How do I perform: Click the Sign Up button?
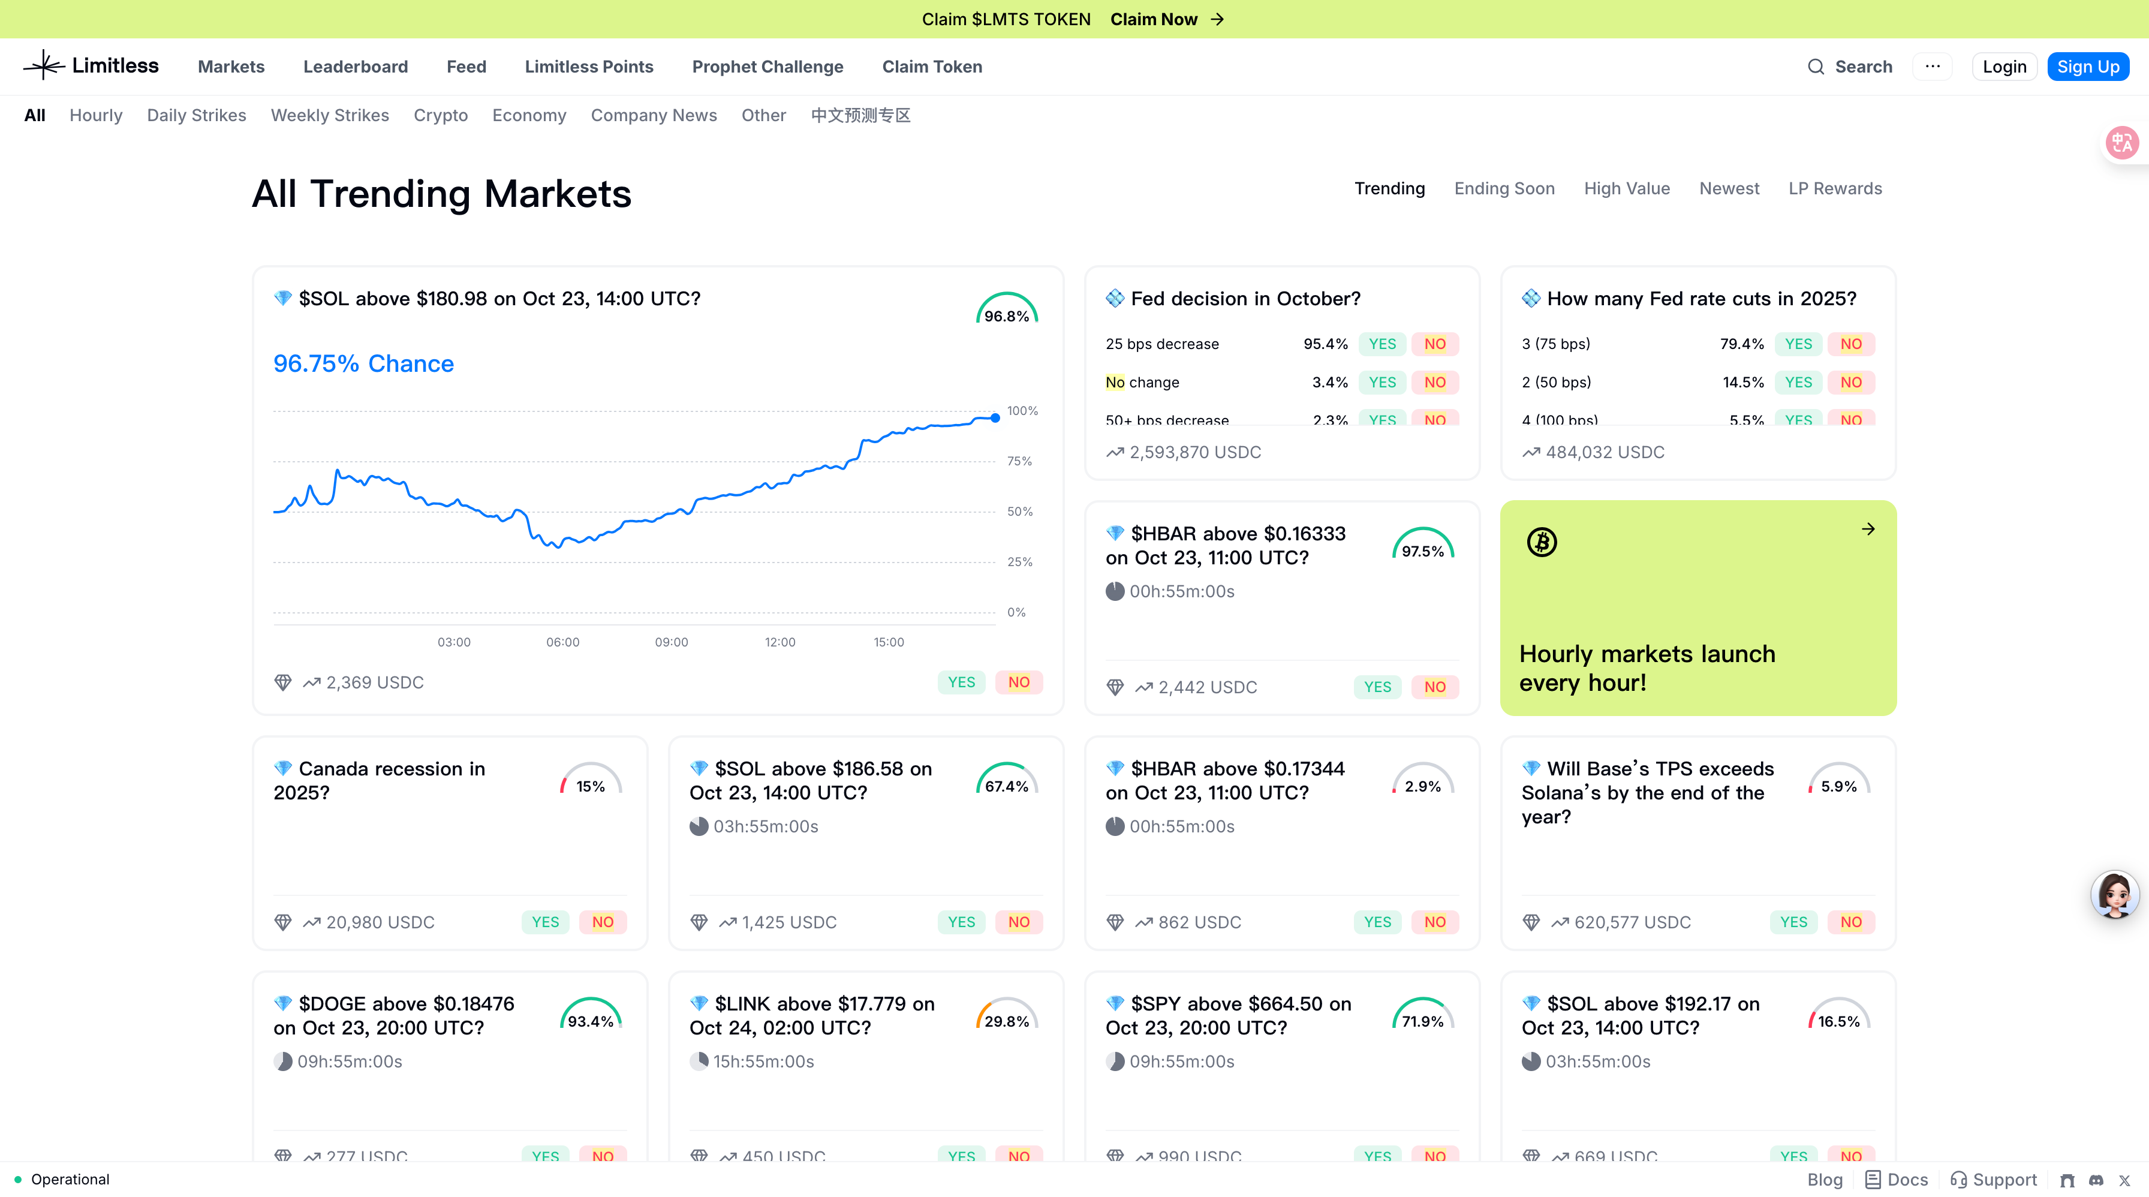(2087, 67)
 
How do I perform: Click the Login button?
(2004, 67)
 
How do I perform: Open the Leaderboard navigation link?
(356, 67)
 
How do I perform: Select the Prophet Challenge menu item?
(767, 67)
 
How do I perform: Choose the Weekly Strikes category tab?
(330, 115)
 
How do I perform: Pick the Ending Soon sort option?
(1504, 188)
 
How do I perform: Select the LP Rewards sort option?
(1834, 188)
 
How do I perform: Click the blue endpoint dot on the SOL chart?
(995, 418)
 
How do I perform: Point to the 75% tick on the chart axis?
(1019, 461)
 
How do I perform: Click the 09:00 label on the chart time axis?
(672, 642)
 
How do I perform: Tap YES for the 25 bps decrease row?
(1381, 344)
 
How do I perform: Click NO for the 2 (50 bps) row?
(1850, 382)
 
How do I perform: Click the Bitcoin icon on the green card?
(1542, 542)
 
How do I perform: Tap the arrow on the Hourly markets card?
(1868, 529)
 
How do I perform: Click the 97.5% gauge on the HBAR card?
(1422, 546)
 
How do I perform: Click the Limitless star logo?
(43, 65)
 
